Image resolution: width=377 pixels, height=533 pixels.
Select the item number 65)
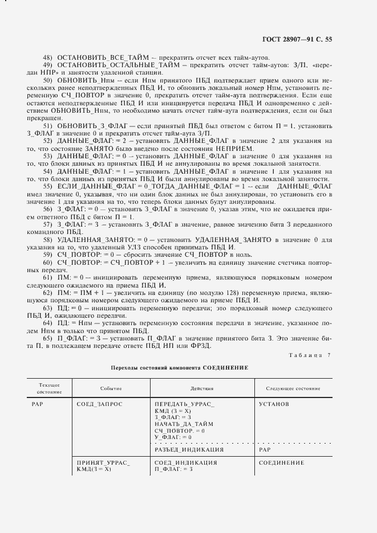click(x=48, y=337)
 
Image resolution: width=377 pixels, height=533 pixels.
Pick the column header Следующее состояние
click(x=292, y=388)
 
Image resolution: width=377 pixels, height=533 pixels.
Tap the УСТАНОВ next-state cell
click(x=274, y=404)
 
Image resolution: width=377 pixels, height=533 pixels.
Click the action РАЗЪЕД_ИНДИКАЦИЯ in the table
click(x=189, y=450)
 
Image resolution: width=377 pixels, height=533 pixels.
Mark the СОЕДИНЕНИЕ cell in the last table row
click(x=282, y=462)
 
